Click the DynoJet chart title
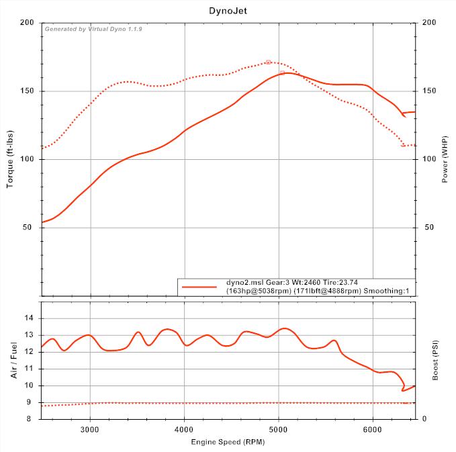[x=228, y=11]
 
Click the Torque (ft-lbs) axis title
[x=11, y=159]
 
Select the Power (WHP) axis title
[x=445, y=159]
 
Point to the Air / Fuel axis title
[x=13, y=359]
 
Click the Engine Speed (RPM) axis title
[x=228, y=442]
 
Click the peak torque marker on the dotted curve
[x=268, y=62]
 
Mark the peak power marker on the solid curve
[x=283, y=73]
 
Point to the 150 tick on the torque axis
[x=28, y=91]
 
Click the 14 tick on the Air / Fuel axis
[x=31, y=318]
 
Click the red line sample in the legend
[x=199, y=287]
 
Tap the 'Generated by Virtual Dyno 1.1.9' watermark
[x=93, y=30]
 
